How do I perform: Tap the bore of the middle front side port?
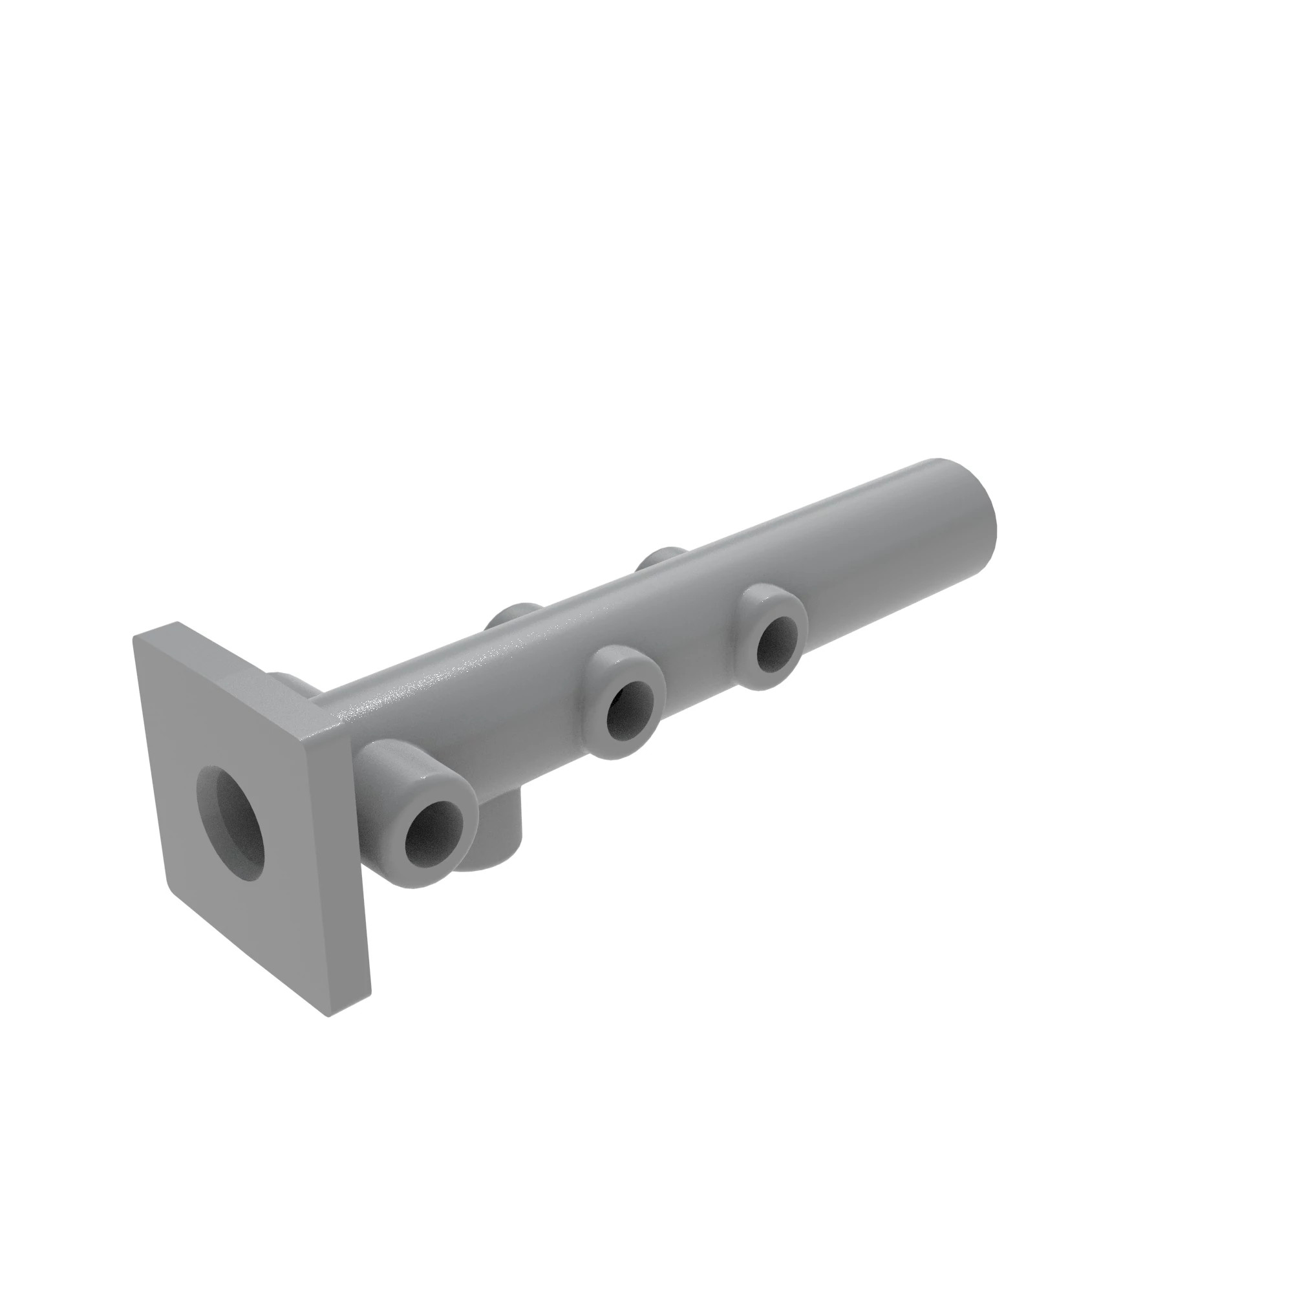[630, 715]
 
